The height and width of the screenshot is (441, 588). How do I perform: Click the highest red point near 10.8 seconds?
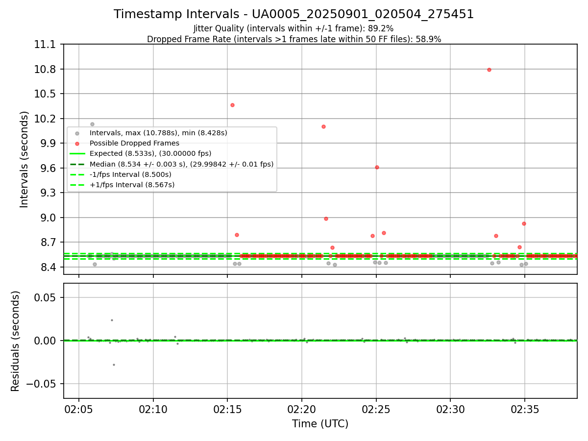click(x=489, y=70)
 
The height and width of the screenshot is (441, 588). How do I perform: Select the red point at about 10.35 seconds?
click(x=232, y=105)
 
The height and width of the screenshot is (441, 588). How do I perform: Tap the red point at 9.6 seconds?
click(x=377, y=167)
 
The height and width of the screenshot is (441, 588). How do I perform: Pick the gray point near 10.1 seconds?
click(x=92, y=124)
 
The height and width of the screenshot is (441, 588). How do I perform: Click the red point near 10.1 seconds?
click(x=323, y=126)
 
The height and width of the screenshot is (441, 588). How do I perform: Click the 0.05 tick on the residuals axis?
click(x=47, y=297)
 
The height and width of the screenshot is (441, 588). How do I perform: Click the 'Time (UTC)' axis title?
click(x=320, y=424)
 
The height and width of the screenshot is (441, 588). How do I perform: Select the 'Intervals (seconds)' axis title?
click(x=24, y=159)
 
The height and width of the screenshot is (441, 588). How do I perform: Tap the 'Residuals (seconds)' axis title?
click(x=16, y=341)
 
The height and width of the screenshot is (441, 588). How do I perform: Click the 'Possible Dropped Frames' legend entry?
click(x=134, y=143)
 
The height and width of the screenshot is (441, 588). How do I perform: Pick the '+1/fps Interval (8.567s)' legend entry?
click(x=132, y=185)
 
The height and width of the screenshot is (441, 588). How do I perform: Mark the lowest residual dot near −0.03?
click(x=114, y=365)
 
